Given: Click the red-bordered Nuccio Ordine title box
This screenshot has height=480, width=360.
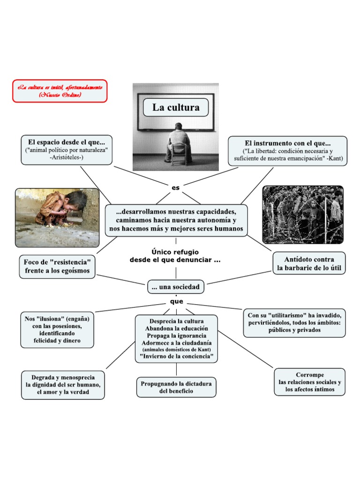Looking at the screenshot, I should [x=60, y=91].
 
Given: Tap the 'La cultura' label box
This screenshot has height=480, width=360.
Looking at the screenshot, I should [x=176, y=107].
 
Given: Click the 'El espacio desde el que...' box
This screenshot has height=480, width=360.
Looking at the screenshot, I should [x=67, y=150].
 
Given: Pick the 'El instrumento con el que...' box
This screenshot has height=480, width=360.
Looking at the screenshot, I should [x=288, y=150].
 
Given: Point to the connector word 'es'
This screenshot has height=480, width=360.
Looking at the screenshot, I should [x=176, y=187].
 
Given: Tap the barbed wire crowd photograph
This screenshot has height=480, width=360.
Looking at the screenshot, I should [x=303, y=214].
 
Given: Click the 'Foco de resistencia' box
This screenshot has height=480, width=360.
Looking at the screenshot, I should [x=57, y=266].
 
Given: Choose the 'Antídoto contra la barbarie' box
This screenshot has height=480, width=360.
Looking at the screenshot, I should [x=309, y=263].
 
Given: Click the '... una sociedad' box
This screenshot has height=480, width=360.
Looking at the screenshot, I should [x=176, y=286].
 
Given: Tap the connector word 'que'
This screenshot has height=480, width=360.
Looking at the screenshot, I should [x=176, y=301].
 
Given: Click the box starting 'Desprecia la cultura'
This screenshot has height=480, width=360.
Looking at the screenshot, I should [x=176, y=338].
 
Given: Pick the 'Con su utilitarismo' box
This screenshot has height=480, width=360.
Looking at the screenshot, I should [x=294, y=322].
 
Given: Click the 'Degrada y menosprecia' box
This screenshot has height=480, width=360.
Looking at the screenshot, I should [x=63, y=385].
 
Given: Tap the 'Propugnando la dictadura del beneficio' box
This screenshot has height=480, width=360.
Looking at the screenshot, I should [x=176, y=387].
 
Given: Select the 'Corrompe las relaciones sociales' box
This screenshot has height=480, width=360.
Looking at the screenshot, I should [x=310, y=382].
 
